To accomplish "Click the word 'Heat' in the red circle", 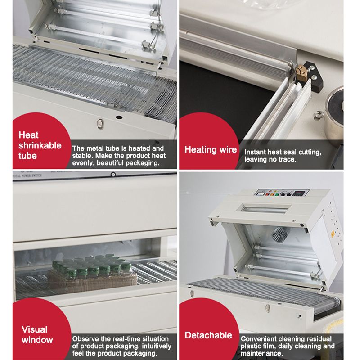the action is pos(28,135).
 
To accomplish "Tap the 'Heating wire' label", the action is pos(211,150).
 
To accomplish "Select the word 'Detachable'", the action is pos(208,335).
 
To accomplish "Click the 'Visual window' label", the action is pos(37,334).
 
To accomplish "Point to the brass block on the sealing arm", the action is pos(301,73).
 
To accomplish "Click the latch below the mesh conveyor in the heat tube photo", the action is pos(100,124).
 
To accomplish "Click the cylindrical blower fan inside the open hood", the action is pos(279,234).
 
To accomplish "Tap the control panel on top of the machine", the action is pos(282,193).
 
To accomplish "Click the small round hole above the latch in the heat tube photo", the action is pos(119,117).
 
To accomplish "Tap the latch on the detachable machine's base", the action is pos(267,308).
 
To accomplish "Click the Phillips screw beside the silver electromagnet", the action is pos(319,114).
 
